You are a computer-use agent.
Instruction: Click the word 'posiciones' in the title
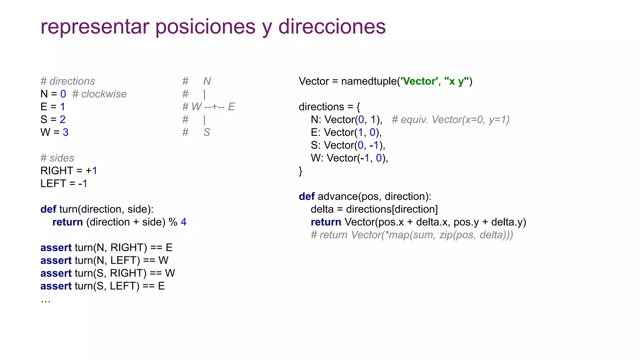click(205, 27)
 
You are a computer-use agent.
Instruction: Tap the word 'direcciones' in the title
click(332, 27)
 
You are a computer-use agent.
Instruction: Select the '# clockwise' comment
click(99, 94)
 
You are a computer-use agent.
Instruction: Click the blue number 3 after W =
click(65, 132)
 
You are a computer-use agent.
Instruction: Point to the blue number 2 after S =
click(62, 120)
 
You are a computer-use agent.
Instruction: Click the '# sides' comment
click(57, 158)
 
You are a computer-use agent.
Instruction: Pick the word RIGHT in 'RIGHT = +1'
click(57, 171)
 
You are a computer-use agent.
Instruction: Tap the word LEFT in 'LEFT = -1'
click(53, 184)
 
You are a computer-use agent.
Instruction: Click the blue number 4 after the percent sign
click(183, 222)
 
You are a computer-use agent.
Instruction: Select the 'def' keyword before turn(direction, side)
click(48, 209)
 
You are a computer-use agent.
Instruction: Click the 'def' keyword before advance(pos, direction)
click(307, 197)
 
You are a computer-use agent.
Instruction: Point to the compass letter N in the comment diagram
click(207, 81)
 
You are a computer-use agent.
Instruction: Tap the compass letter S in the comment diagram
click(207, 132)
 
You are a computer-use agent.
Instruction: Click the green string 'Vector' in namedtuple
click(419, 81)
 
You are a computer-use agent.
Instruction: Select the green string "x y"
click(456, 81)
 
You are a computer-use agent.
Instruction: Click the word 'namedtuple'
click(369, 81)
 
